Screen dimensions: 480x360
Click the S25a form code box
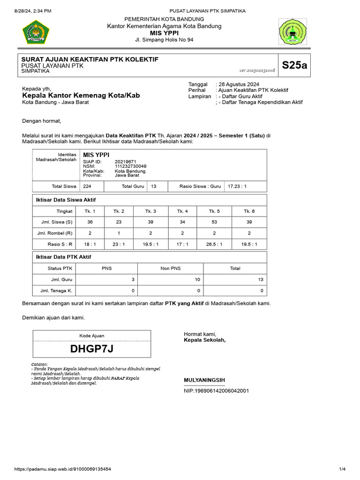[x=295, y=65]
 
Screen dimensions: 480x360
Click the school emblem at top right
[x=293, y=32]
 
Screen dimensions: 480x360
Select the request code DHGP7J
[x=92, y=349]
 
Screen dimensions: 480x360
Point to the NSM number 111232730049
[x=130, y=166]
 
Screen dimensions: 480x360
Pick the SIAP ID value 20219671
[x=125, y=161]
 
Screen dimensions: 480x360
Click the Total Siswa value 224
[x=87, y=186]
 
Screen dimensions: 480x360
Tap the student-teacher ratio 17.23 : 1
[x=237, y=186]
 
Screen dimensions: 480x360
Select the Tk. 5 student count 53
[x=214, y=222]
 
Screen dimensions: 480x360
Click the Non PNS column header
[x=171, y=268]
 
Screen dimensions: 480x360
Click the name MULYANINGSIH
[x=204, y=380]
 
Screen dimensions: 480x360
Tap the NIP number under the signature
[x=216, y=390]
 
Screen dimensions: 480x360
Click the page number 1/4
[x=342, y=469]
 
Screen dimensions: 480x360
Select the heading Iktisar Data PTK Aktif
[x=64, y=257]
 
